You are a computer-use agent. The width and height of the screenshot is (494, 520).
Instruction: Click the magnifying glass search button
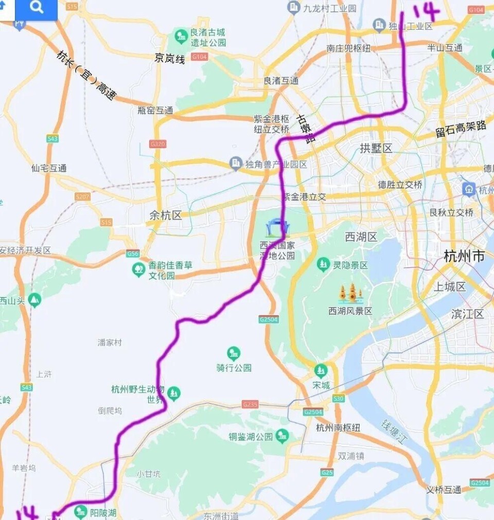coord(37,8)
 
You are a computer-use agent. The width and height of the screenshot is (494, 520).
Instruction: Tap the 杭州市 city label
coord(464,256)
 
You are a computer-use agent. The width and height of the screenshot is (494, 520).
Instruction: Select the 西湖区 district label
coord(361,237)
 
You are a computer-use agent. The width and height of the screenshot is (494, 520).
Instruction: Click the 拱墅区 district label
coord(376,149)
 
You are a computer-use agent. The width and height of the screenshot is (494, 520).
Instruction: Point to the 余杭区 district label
coord(166,216)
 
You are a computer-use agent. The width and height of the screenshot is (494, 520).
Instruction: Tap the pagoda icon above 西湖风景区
coord(350,294)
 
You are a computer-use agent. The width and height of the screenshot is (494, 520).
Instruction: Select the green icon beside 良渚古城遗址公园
coord(181,36)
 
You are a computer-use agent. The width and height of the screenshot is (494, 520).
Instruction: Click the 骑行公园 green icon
coord(234,353)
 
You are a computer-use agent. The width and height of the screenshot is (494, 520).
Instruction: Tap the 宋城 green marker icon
coord(321,370)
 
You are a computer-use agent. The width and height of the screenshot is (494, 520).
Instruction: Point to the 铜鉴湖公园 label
coord(250,437)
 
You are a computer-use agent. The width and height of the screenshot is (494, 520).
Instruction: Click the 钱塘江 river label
coord(393,431)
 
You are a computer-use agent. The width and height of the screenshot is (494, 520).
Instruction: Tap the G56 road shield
coord(133,254)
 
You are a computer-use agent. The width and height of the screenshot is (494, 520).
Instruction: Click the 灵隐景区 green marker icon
coord(323,265)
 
